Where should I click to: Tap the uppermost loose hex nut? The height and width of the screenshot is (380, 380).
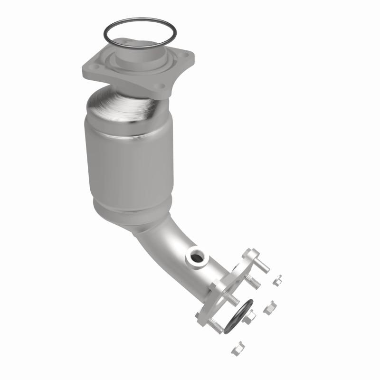(x=278, y=280)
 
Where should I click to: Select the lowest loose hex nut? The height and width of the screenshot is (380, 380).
(x=237, y=349)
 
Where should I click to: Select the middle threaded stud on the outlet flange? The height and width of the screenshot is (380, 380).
(x=232, y=299)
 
